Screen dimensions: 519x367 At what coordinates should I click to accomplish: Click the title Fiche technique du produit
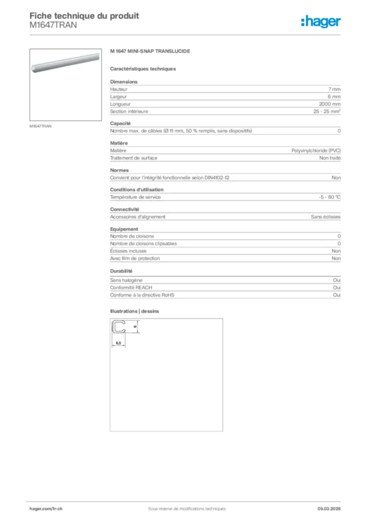coord(84,16)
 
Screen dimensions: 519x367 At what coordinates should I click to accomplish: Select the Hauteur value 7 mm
coord(334,89)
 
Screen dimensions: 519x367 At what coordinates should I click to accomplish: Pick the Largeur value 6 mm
coord(334,96)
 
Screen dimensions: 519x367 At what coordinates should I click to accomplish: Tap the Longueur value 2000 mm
coord(329,104)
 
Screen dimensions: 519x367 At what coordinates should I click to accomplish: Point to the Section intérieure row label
coord(129,112)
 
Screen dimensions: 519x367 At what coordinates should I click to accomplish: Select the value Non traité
coord(329,158)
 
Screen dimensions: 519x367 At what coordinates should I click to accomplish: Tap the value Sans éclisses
coord(325,217)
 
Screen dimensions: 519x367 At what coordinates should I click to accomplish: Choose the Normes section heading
coord(120,170)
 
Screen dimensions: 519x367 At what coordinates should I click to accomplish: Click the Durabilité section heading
coord(121,271)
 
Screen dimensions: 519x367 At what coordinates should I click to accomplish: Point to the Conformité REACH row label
coord(131,287)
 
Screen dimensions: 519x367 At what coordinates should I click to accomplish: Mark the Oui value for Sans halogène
coord(337,280)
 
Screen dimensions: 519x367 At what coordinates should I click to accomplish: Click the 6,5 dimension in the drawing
coord(118,343)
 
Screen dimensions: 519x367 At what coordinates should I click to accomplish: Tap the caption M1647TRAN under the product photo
coord(41,126)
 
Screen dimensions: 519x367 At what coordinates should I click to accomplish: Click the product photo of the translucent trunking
coord(66,84)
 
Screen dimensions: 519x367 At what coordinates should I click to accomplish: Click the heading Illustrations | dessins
coord(134,311)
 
